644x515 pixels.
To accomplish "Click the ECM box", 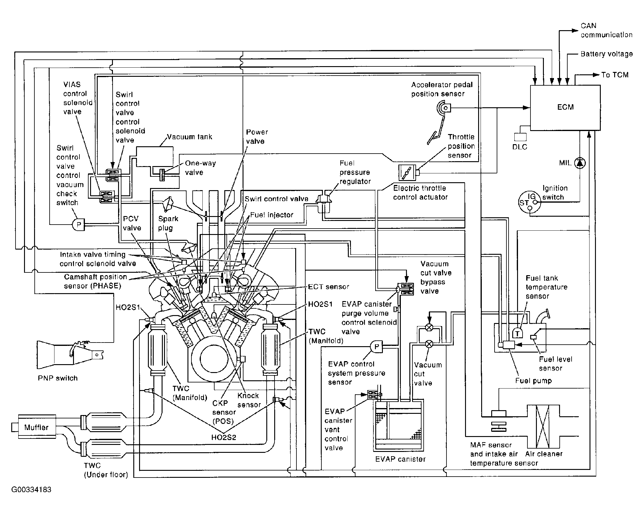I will (565, 108).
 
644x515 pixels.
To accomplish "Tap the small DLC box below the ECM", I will (520, 137).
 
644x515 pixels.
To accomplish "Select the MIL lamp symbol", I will (580, 163).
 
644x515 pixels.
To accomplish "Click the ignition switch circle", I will (530, 202).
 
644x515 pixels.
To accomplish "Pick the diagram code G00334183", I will (31, 490).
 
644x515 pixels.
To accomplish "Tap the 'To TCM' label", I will (614, 75).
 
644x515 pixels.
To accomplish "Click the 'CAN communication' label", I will (606, 30).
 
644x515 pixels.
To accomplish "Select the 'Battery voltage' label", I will (606, 54).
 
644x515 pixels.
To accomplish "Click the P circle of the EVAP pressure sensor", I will (376, 346).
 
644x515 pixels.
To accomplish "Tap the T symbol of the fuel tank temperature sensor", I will (517, 333).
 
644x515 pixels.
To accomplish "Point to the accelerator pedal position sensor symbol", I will (443, 108).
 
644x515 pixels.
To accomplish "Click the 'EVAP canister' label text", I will (400, 459).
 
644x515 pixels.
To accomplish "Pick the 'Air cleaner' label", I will (544, 454).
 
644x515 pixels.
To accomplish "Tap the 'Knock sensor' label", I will (249, 400).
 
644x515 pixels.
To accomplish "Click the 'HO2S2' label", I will (224, 438).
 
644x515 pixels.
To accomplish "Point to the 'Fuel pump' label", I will (533, 381).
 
